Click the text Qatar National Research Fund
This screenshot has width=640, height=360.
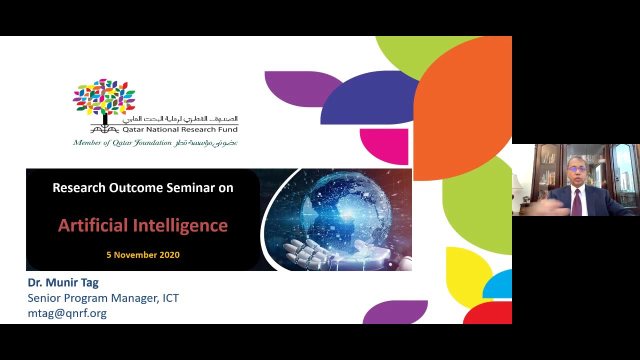click(x=180, y=129)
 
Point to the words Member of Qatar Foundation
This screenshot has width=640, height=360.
click(x=122, y=142)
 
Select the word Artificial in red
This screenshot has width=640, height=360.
click(x=93, y=225)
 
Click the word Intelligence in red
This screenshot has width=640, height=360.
click(x=180, y=225)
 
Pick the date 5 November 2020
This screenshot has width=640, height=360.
click(x=143, y=255)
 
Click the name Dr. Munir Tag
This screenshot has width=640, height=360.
click(x=63, y=282)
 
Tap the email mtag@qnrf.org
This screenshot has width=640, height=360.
click(x=67, y=313)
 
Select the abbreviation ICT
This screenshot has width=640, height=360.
click(x=170, y=298)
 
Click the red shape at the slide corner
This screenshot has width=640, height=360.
click(x=489, y=313)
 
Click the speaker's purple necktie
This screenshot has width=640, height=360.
click(x=576, y=203)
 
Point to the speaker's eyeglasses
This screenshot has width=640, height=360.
click(x=576, y=169)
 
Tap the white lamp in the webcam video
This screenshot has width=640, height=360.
click(x=516, y=183)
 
